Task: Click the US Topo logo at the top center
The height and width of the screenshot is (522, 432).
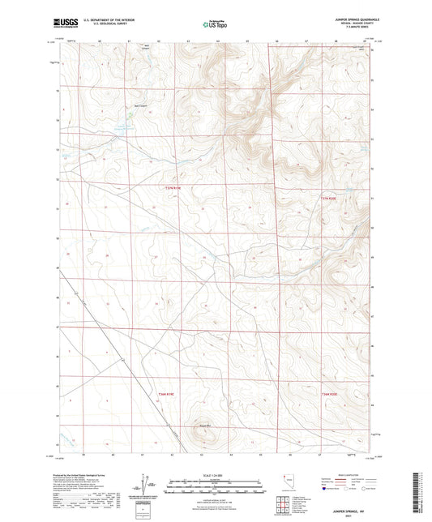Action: [216, 24]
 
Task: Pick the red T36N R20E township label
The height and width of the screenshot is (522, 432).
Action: [328, 394]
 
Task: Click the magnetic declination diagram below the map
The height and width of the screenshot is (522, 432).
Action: [150, 486]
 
